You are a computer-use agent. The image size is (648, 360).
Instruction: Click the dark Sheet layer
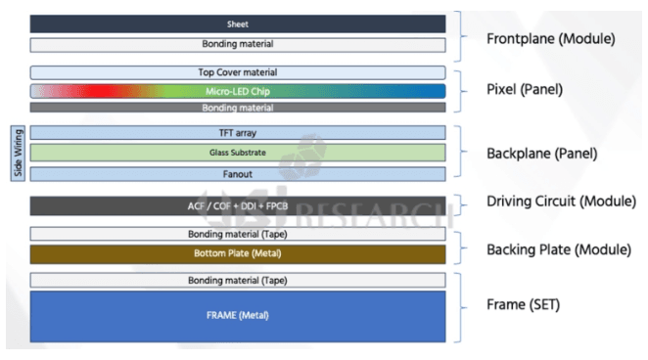click(238, 23)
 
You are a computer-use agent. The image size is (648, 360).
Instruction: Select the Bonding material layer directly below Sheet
click(238, 45)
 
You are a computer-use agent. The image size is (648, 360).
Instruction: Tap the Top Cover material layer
click(238, 72)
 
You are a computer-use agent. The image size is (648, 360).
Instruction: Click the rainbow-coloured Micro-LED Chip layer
click(238, 90)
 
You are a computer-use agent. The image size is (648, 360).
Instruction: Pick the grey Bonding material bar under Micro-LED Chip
click(238, 107)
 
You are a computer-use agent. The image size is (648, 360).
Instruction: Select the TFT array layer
click(238, 132)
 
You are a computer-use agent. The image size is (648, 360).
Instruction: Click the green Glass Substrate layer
click(238, 153)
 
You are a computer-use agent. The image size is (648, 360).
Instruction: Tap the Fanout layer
click(238, 173)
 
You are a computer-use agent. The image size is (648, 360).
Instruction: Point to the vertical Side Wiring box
click(17, 153)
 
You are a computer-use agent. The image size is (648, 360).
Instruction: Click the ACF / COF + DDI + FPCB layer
click(238, 206)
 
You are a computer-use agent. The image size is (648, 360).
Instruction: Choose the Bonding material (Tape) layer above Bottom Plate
click(238, 234)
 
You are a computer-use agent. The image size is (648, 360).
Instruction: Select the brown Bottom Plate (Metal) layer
click(238, 254)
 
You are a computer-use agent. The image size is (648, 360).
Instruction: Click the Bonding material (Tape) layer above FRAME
click(238, 281)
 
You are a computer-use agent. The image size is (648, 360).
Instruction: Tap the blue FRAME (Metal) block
click(238, 315)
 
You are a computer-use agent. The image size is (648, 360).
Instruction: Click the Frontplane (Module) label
click(550, 39)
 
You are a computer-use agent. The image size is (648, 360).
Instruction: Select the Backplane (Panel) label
click(541, 154)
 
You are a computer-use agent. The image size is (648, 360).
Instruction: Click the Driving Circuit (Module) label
click(558, 202)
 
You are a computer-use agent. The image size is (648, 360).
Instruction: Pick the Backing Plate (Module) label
click(557, 249)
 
